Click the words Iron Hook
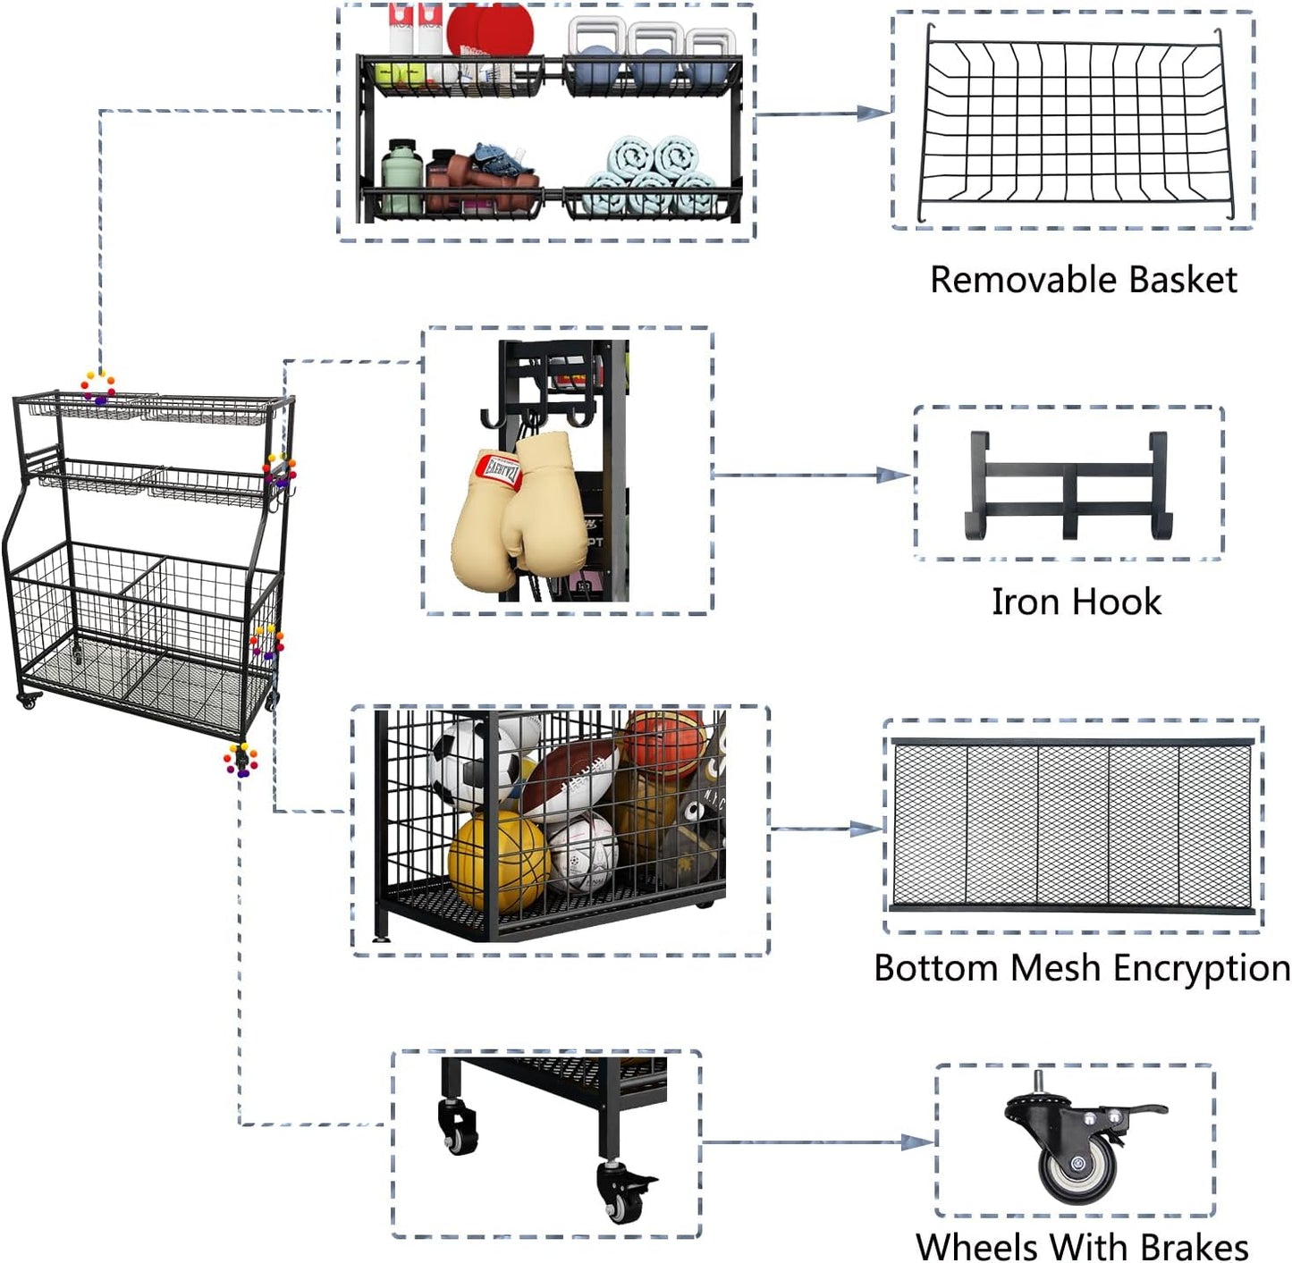1077,602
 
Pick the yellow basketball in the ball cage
498,861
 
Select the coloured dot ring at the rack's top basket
98,388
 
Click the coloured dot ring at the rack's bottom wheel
241,760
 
